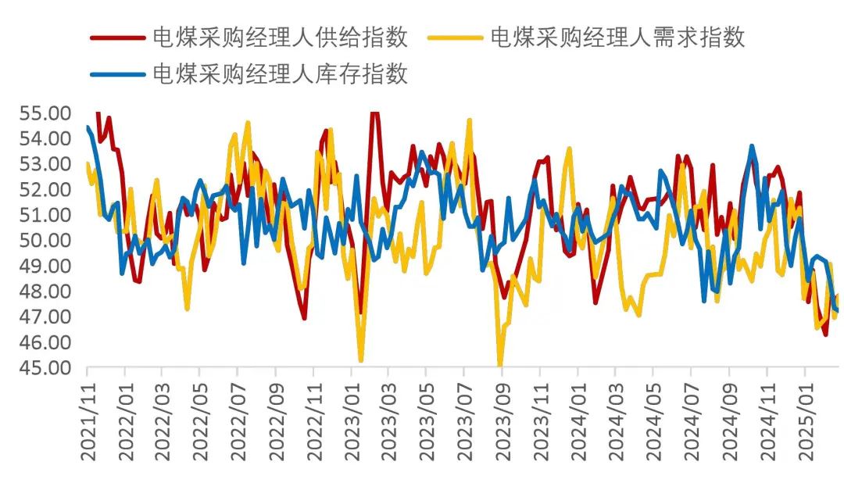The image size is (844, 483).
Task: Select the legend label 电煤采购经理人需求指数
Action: [617, 36]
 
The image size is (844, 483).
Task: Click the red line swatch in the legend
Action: [117, 37]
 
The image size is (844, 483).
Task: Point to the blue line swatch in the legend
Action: [117, 74]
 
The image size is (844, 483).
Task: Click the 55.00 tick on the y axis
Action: [45, 113]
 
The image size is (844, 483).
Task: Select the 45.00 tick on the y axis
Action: [45, 367]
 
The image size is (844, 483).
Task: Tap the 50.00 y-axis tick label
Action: [45, 240]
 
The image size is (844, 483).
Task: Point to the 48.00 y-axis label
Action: [45, 291]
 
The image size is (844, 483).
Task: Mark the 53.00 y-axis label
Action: [45, 163]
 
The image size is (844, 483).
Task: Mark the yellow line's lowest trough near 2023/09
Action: [500, 364]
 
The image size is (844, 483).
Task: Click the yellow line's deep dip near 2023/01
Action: [361, 360]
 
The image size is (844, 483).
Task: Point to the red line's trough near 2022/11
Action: [304, 318]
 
